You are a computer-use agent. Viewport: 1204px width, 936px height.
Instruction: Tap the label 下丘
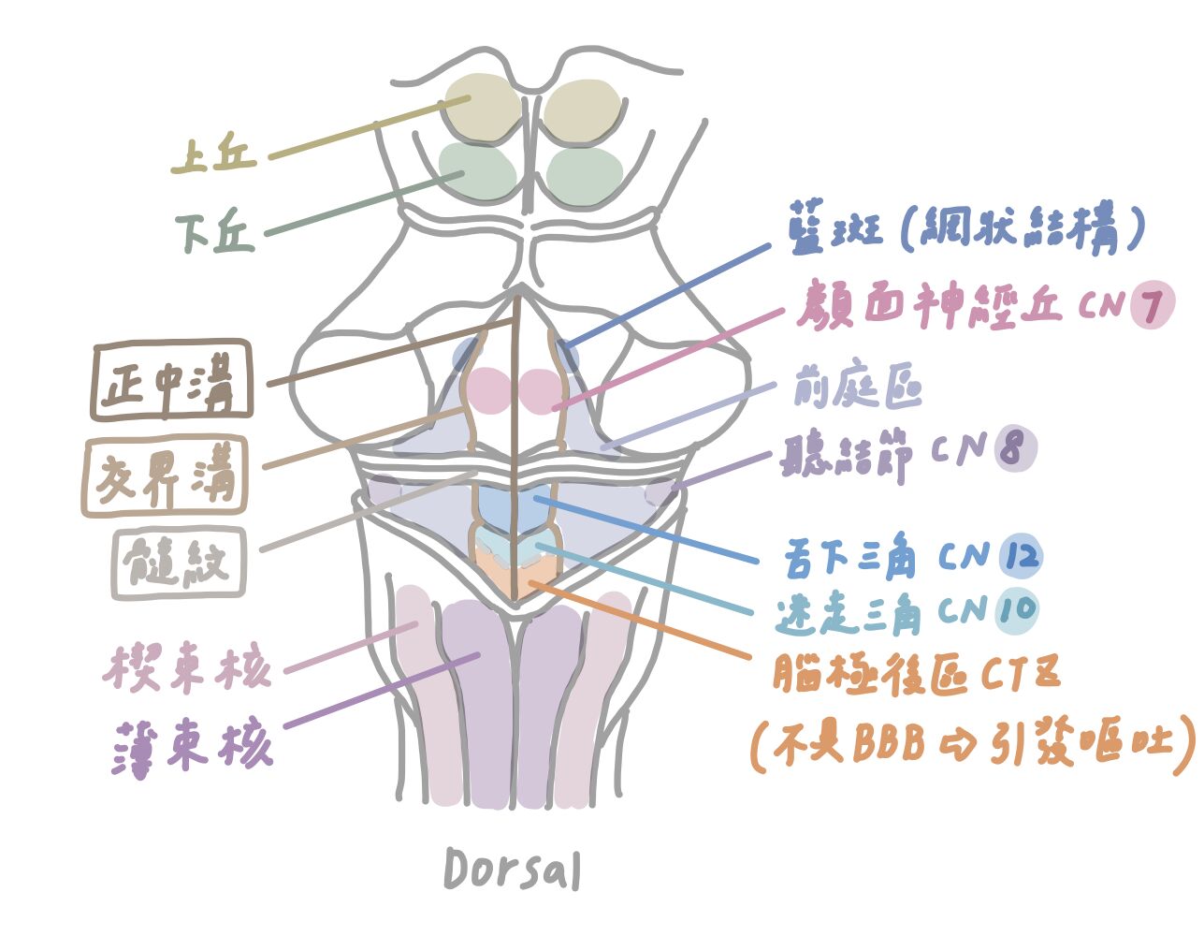point(216,232)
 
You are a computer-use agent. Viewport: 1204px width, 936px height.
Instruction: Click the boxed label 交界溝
point(166,475)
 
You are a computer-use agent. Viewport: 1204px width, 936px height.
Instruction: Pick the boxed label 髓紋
point(179,563)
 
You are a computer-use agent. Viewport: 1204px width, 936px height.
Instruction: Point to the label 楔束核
point(188,668)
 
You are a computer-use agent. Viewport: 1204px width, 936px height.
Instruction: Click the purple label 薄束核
point(193,746)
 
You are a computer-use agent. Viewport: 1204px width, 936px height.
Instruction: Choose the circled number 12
point(1019,557)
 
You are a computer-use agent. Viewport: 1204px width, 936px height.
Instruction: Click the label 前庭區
point(857,386)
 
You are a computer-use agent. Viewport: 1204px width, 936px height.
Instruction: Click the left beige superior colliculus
point(483,107)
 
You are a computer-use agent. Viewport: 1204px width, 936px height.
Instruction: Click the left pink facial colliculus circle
point(486,390)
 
